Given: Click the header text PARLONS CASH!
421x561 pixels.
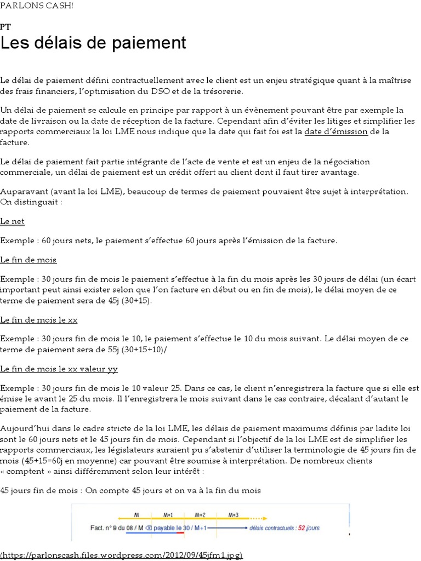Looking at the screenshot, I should click(x=37, y=5).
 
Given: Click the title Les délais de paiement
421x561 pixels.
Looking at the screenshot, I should click(x=93, y=43).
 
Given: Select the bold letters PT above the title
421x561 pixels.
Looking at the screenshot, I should click(x=5, y=26).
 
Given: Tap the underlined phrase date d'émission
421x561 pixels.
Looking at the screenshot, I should click(x=336, y=131).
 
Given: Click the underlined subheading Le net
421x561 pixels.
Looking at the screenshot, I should click(x=12, y=221).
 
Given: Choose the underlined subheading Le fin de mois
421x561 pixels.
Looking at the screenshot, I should click(x=29, y=260).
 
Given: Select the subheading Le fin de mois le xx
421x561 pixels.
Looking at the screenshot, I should click(x=39, y=319).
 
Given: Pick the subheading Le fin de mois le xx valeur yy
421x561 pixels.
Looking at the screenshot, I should click(x=59, y=369).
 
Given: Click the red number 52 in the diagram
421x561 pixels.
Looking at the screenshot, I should click(x=298, y=528).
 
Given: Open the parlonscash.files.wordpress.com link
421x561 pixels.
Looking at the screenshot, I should click(x=121, y=555).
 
